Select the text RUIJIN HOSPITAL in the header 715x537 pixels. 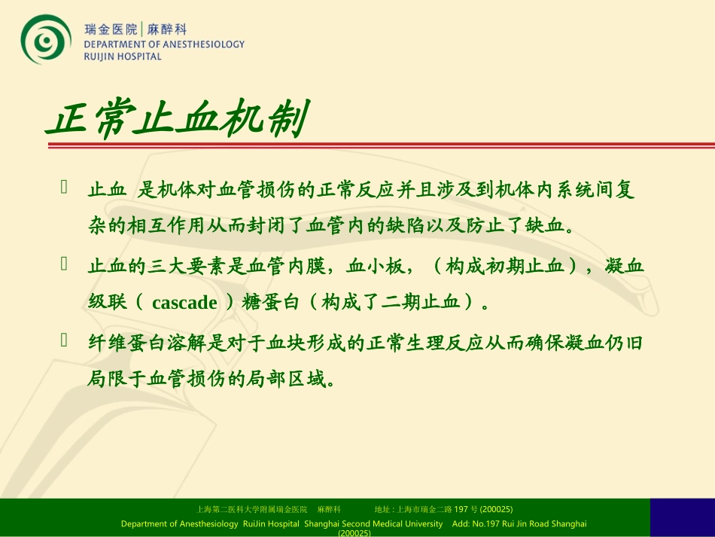pyautogui.click(x=123, y=56)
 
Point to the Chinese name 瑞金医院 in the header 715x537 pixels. pyautogui.click(x=111, y=29)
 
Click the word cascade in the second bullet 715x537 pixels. pyautogui.click(x=184, y=303)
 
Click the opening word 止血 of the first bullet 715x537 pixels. pyautogui.click(x=106, y=189)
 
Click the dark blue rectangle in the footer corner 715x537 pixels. pyautogui.click(x=682, y=517)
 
